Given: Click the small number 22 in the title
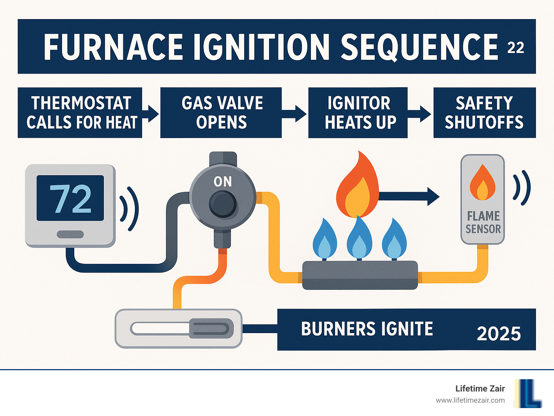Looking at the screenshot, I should point(515,48).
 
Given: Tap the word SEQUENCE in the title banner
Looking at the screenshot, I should point(419,47).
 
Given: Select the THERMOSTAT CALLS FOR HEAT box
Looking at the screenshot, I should point(80,112).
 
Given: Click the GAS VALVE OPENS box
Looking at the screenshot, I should point(221,112).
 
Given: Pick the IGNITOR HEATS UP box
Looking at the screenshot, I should point(358,112).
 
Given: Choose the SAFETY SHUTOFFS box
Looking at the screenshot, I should point(484,112).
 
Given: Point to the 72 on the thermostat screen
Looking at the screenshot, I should point(70,198).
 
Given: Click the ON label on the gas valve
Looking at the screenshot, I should point(223,182).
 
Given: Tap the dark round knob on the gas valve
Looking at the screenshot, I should point(223,204).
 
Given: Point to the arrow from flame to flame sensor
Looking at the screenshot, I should point(409,196).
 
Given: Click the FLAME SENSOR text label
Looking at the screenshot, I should point(483,222).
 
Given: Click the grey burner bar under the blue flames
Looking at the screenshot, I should point(360,275).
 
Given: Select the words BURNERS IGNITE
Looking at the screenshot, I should point(367,329).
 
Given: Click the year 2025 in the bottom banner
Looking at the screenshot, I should point(499,334).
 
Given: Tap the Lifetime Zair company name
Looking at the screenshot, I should point(480,389).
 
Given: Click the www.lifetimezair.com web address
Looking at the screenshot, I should point(470,400).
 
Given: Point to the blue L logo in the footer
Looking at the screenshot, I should point(528,393).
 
